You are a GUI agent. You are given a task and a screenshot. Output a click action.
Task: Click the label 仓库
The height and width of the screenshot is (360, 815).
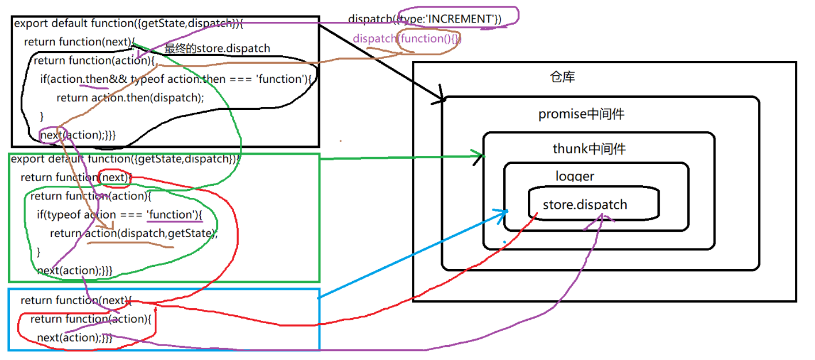coord(562,77)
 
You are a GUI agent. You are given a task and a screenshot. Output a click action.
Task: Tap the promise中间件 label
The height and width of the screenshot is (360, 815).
coord(581,114)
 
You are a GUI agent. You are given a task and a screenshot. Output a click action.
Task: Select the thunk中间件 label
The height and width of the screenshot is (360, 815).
coord(589,150)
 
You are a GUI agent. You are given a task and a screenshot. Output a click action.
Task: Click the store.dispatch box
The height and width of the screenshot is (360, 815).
coord(592,204)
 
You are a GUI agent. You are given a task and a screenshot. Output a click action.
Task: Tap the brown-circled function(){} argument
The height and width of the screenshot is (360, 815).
coord(428,39)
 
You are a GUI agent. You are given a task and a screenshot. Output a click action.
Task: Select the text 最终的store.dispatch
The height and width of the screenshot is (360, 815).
coord(217,48)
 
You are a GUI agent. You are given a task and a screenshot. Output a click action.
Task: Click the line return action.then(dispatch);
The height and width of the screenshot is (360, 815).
coord(130,97)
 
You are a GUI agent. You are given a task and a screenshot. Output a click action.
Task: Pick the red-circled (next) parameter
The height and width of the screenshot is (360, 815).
coord(113,177)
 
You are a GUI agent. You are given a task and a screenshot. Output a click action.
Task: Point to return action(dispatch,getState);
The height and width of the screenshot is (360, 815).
coord(133,233)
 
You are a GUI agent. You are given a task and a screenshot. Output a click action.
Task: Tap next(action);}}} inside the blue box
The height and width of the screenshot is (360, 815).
coord(74,338)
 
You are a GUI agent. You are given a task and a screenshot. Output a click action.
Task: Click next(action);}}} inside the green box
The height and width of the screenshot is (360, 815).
coord(74,270)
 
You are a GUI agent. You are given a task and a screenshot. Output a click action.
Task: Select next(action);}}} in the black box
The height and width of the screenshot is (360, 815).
coord(78,135)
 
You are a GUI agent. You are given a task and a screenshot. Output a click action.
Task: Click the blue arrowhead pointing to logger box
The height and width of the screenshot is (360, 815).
coord(504,213)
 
